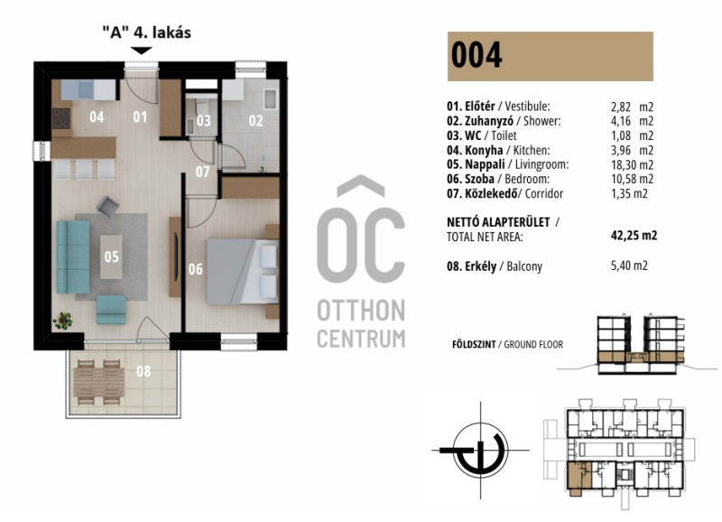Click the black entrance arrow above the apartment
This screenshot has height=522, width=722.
click(x=141, y=51)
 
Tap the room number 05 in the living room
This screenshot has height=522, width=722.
click(x=111, y=256)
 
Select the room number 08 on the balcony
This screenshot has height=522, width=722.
click(x=143, y=371)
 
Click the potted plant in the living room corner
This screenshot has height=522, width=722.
click(x=62, y=321)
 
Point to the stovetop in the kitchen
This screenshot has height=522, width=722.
click(x=60, y=118)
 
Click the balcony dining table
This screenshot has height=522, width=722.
click(x=98, y=382)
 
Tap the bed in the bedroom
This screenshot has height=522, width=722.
click(x=243, y=271)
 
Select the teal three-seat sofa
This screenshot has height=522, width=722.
click(x=73, y=256)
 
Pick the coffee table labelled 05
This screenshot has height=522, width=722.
click(x=111, y=256)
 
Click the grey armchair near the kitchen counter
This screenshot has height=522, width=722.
click(x=107, y=207)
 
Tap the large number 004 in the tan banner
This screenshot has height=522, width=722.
click(x=477, y=56)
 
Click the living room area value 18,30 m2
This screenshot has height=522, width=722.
click(x=632, y=165)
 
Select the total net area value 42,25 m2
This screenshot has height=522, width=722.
click(x=634, y=236)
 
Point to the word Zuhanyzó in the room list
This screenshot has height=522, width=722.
click(x=489, y=121)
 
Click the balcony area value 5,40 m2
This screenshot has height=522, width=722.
click(x=629, y=266)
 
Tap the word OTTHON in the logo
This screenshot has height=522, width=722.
click(x=361, y=311)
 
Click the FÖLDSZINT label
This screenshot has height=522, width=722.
click(x=474, y=344)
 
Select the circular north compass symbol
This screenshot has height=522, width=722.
click(x=480, y=450)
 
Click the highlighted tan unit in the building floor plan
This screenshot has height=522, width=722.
click(x=579, y=478)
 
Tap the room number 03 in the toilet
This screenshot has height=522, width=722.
click(x=204, y=121)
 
